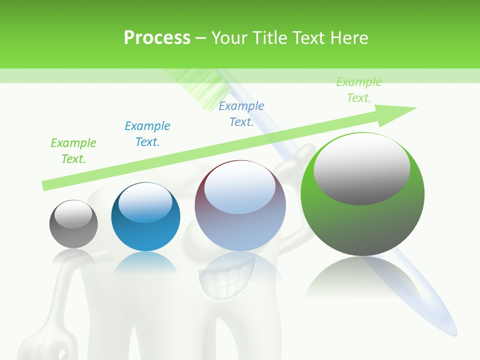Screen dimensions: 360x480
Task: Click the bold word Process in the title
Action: tap(157, 38)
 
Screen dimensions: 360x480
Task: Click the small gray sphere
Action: tap(73, 224)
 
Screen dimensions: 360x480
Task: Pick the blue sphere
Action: tap(145, 216)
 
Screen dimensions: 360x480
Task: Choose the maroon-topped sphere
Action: tap(240, 205)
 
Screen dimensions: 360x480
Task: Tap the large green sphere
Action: tap(362, 194)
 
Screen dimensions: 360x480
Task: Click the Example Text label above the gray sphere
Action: tap(73, 151)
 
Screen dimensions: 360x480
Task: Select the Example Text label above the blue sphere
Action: tap(147, 134)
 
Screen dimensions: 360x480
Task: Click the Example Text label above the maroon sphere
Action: tap(241, 114)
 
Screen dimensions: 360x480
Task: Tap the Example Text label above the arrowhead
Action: tap(358, 90)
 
